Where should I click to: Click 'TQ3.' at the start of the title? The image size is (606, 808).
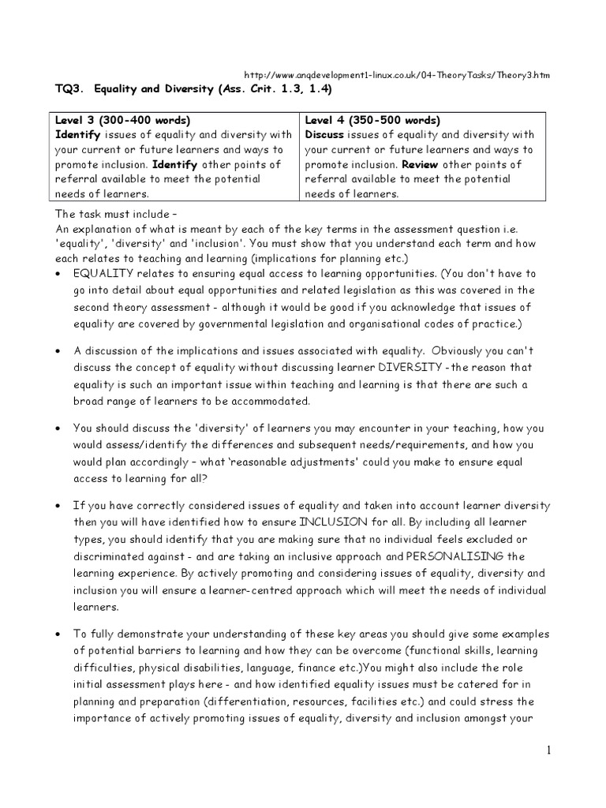point(68,92)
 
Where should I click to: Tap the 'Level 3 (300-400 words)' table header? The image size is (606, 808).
point(122,121)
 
